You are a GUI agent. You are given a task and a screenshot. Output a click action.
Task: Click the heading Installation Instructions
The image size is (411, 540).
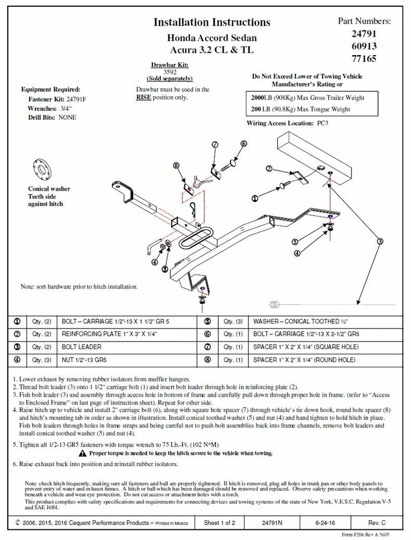tap(212, 22)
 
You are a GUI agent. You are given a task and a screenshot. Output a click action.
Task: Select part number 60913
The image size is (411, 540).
tap(364, 46)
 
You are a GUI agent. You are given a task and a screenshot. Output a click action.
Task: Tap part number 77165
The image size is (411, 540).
tap(364, 58)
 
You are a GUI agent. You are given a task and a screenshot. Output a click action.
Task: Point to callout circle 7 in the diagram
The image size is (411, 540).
tap(215, 145)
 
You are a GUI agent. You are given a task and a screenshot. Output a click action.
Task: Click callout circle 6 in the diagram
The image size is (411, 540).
tap(243, 144)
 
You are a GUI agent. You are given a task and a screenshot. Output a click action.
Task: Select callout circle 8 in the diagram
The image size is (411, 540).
tap(176, 165)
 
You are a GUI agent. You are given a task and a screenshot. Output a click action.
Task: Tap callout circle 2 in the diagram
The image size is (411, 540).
tap(269, 168)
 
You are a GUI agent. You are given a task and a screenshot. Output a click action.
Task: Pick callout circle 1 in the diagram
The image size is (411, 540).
tap(255, 198)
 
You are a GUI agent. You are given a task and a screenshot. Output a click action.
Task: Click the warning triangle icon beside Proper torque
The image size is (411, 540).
tap(83, 453)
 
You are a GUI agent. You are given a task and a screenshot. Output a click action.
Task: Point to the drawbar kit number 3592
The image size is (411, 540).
tap(170, 72)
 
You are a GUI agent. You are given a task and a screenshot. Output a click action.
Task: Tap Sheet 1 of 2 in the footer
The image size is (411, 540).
tap(220, 523)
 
